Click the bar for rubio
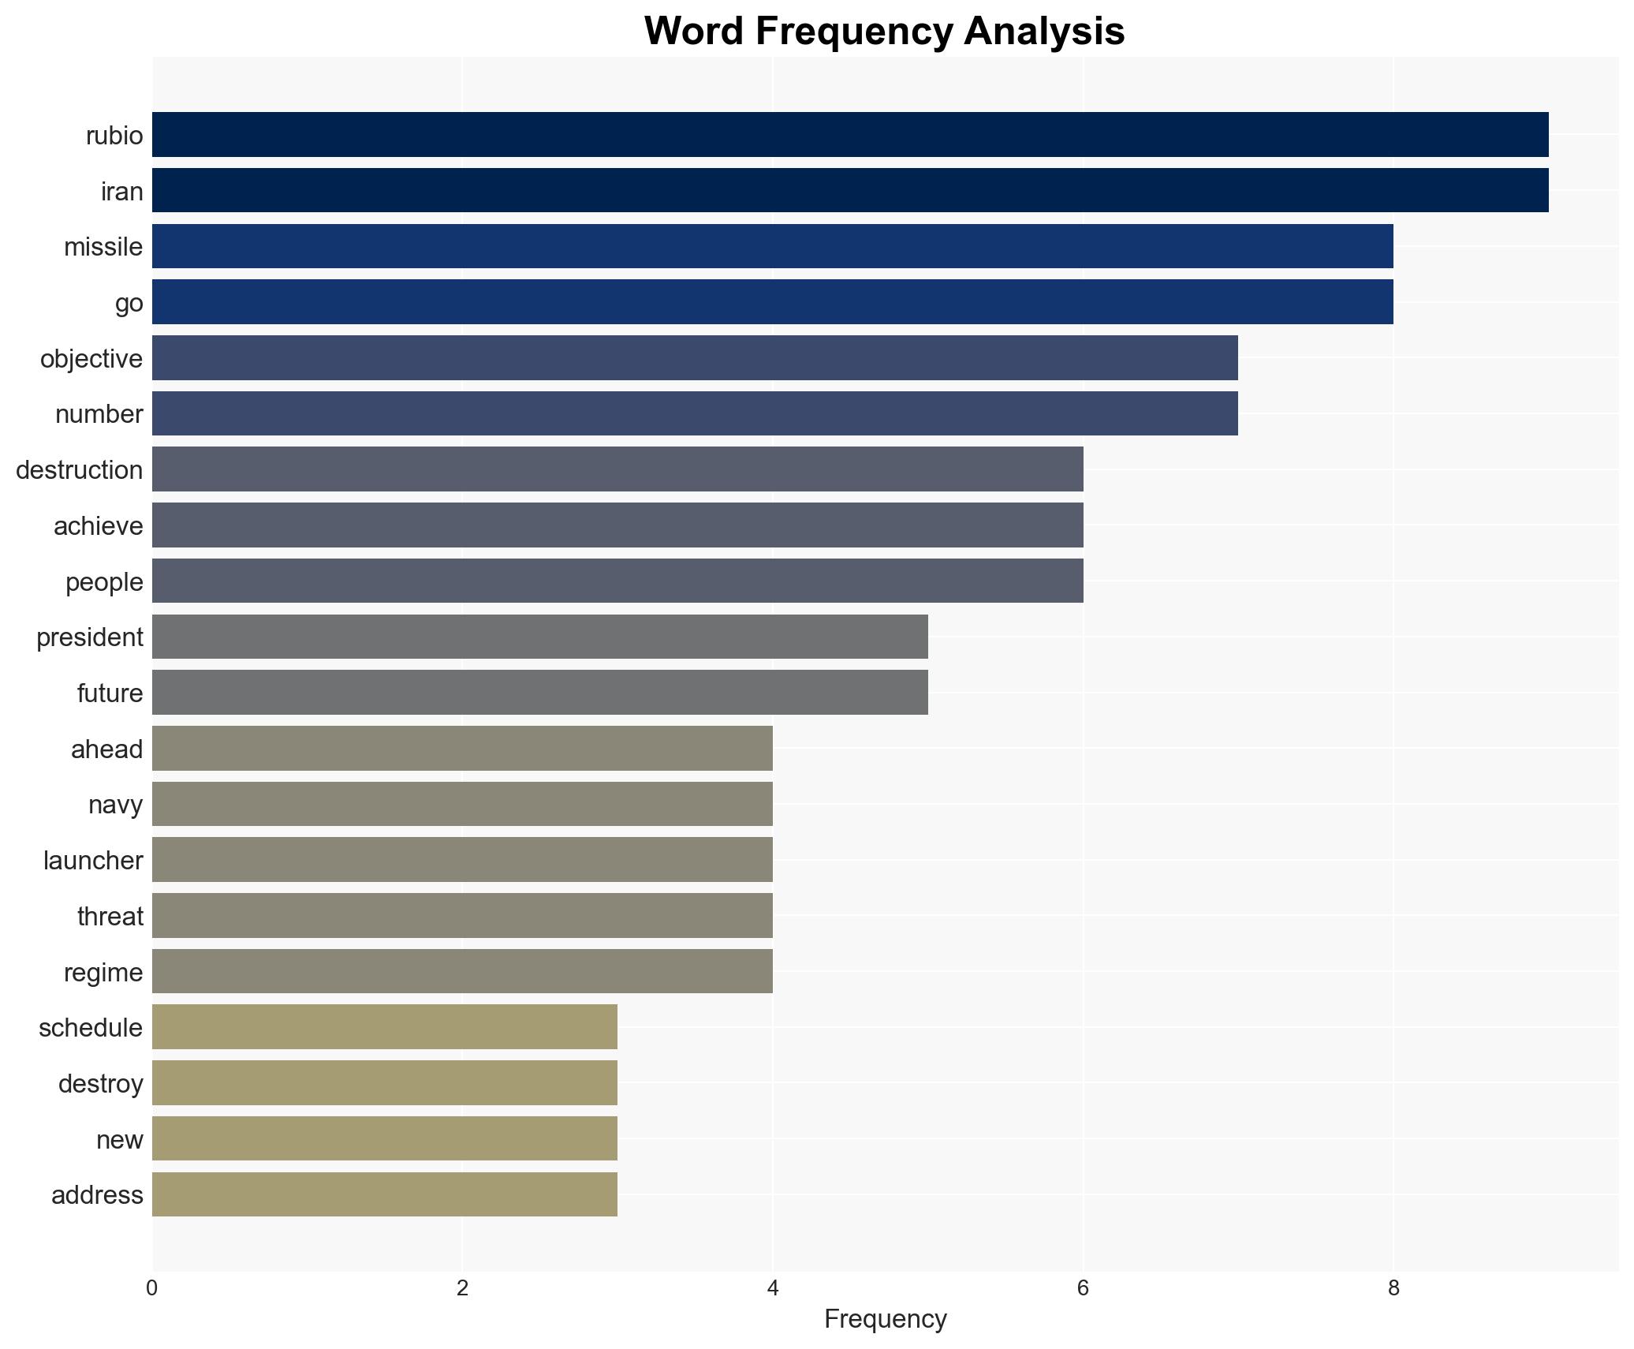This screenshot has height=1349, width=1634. coord(849,134)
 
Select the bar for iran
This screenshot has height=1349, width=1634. coord(849,190)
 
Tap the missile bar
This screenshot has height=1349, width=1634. coord(772,246)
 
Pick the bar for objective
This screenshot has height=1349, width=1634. coord(694,357)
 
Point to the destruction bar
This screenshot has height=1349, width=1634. coord(617,469)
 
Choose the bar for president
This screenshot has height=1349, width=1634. coord(539,637)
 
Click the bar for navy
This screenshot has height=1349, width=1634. coord(462,804)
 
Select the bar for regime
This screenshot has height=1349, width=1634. coord(462,971)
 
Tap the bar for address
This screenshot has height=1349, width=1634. coord(384,1194)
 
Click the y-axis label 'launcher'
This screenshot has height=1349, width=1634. coord(93,861)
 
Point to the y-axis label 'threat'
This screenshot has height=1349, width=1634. coord(110,917)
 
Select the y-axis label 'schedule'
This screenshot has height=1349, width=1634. coord(91,1028)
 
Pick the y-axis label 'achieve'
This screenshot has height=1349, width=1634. coord(99,526)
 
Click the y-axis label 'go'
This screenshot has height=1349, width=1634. coord(129,303)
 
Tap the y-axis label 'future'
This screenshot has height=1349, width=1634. coord(110,693)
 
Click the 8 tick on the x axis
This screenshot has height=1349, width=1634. coord(1393,1288)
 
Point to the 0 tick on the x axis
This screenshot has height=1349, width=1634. coord(152,1288)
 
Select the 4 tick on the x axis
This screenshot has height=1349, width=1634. coord(773,1288)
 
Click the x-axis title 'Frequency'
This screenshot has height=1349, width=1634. coord(885,1319)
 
